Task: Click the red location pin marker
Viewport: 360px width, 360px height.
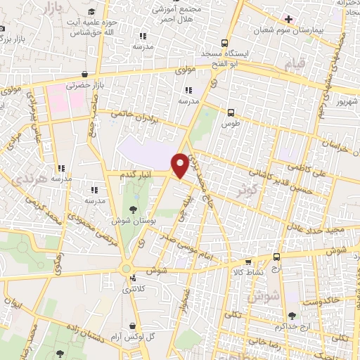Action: (x=181, y=165)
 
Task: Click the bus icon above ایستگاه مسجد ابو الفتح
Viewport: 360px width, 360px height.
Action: (x=224, y=41)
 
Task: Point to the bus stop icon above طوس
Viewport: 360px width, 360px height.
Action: (x=231, y=112)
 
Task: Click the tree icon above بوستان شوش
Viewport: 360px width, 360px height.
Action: (x=133, y=208)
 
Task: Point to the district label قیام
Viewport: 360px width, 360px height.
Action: (x=295, y=65)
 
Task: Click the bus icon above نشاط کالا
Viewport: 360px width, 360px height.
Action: (x=276, y=257)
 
